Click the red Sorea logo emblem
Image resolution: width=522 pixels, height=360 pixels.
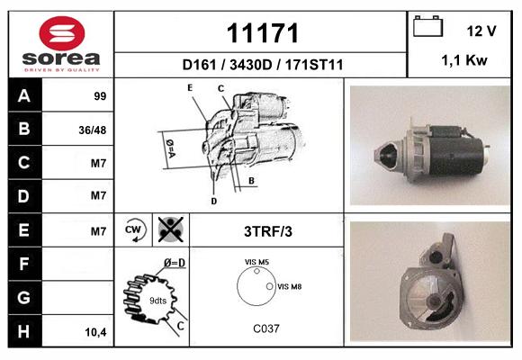click(x=62, y=33)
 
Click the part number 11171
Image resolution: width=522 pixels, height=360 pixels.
click(x=262, y=33)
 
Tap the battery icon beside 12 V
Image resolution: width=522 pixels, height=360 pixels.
click(x=427, y=26)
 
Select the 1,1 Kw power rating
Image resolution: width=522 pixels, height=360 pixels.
click(x=464, y=60)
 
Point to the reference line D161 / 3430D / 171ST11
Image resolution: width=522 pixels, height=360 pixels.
click(x=263, y=65)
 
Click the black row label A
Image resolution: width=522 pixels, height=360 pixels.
click(x=24, y=95)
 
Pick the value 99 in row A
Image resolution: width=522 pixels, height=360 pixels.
click(x=100, y=96)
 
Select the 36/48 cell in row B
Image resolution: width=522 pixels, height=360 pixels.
click(x=93, y=130)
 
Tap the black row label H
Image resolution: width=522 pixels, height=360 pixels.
click(x=24, y=331)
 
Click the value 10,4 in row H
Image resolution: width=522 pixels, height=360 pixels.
click(x=96, y=332)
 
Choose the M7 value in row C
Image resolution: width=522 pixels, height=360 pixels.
click(x=98, y=163)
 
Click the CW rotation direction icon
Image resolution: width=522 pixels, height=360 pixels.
click(x=133, y=229)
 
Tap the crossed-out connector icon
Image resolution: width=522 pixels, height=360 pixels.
click(x=170, y=229)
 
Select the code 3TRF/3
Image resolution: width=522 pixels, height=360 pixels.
click(x=268, y=231)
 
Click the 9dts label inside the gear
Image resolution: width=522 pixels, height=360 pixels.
click(x=157, y=301)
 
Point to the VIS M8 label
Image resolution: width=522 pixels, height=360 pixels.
click(x=289, y=286)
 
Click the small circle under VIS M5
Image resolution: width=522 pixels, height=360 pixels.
click(x=256, y=272)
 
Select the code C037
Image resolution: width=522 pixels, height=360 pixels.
click(x=266, y=328)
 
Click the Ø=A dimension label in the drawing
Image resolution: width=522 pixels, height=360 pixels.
click(x=170, y=148)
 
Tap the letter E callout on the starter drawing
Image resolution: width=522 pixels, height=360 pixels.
click(x=190, y=87)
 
